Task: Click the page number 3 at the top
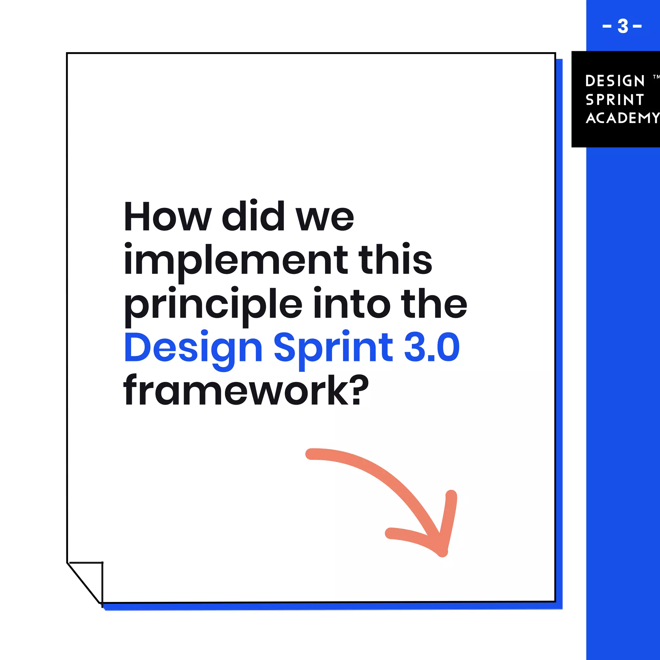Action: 622,26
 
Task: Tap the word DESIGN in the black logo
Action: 615,81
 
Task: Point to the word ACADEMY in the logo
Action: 622,118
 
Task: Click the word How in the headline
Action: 167,217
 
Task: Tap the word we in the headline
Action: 325,218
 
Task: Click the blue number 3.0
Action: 432,347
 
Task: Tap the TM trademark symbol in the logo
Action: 656,77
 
